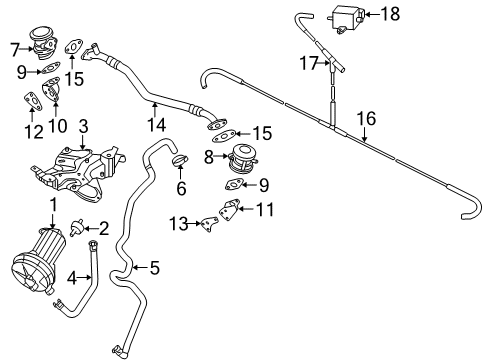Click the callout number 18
[390, 14]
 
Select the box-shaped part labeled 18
[347, 18]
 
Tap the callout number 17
[310, 63]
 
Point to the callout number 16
[366, 119]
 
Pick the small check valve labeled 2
[76, 228]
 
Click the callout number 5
[154, 268]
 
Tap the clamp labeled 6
[180, 160]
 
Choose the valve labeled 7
[43, 44]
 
